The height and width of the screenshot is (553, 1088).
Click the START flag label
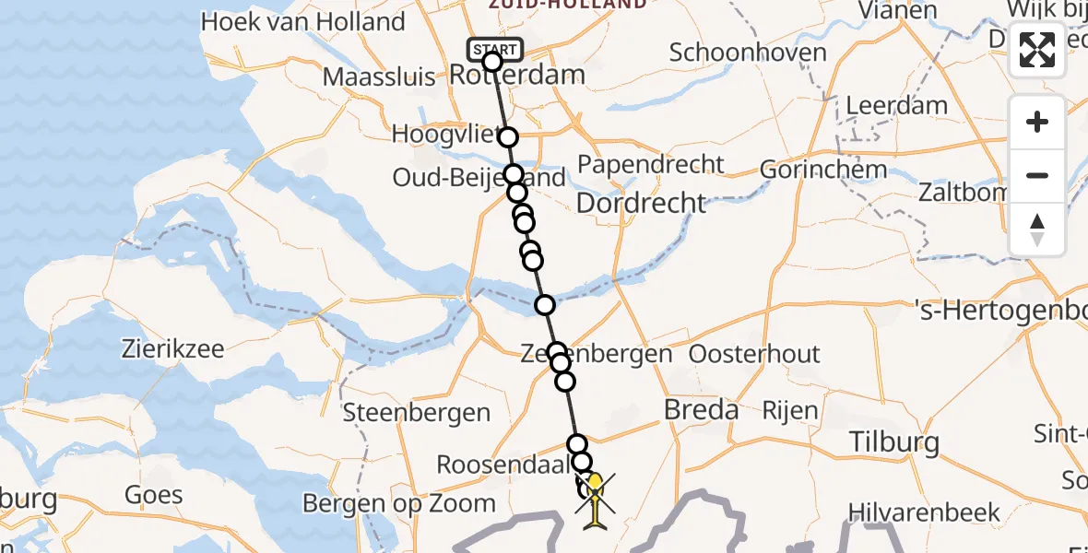pyautogui.click(x=496, y=48)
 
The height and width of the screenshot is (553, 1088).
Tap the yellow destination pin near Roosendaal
pyautogui.click(x=595, y=482)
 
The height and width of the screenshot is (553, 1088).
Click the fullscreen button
pyautogui.click(x=1037, y=50)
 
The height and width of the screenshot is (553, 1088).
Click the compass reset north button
pyautogui.click(x=1037, y=229)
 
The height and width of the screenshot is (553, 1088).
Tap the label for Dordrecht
pyautogui.click(x=642, y=203)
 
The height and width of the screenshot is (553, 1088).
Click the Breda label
pyautogui.click(x=702, y=410)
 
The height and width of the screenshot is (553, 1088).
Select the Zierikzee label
pyautogui.click(x=173, y=349)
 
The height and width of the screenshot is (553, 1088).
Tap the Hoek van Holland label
pyautogui.click(x=303, y=22)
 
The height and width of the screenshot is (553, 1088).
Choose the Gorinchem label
pyautogui.click(x=810, y=171)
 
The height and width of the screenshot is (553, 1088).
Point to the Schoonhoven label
pyautogui.click(x=748, y=53)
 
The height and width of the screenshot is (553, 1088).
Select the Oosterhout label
pyautogui.click(x=754, y=355)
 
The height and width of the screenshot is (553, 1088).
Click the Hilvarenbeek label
pyautogui.click(x=923, y=512)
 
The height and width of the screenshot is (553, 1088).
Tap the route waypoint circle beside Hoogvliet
pyautogui.click(x=508, y=137)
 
